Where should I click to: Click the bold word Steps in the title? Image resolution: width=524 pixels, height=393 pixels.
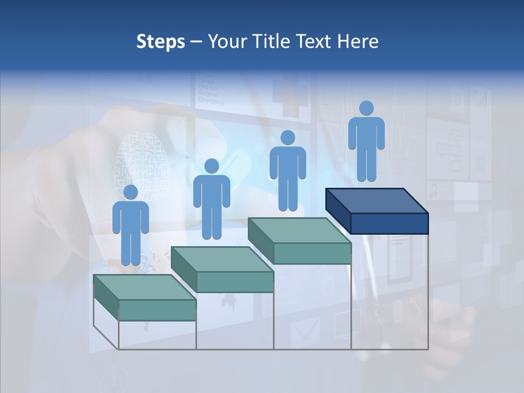(160, 41)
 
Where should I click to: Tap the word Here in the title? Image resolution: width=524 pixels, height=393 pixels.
(357, 41)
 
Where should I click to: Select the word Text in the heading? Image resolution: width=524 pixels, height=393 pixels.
(313, 41)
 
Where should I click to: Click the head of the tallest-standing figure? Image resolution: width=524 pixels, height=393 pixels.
(366, 108)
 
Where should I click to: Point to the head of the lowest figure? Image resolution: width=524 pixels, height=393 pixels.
(130, 192)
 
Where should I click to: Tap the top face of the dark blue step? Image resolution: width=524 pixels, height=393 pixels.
(377, 200)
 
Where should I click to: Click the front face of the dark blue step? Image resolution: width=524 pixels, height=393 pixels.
(389, 223)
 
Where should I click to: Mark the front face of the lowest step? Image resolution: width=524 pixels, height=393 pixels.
(157, 310)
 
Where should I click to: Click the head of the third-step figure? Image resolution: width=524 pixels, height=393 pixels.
(288, 138)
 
